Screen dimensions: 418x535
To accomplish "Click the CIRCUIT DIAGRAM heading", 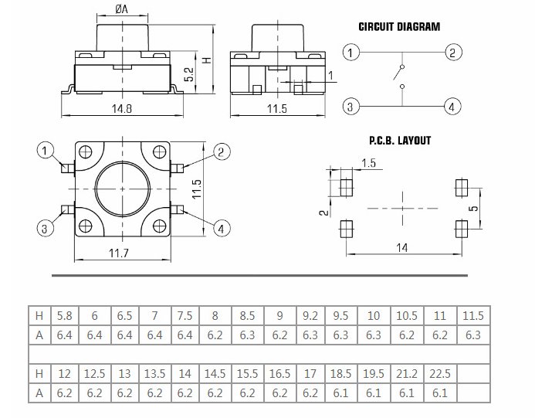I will pos(399,27).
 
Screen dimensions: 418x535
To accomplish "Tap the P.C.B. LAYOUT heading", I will pos(400,141).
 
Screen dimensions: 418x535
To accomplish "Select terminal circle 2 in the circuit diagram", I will pos(453,53).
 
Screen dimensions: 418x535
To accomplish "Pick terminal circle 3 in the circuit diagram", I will pos(351,107).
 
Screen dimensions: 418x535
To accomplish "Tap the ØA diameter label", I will pos(121,9).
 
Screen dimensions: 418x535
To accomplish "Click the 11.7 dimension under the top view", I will pos(119,253).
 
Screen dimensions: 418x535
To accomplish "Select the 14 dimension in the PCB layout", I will pos(402,248).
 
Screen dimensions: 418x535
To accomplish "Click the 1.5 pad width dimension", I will pos(368,163).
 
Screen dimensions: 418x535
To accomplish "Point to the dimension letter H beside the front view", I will pos(205,59).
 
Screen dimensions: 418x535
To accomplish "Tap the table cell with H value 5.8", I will pos(64,316).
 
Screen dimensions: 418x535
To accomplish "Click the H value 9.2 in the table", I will pos(310,316).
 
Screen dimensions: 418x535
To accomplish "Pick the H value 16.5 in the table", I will pos(280,374).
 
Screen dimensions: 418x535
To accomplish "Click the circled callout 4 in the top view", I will pos(222,228).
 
